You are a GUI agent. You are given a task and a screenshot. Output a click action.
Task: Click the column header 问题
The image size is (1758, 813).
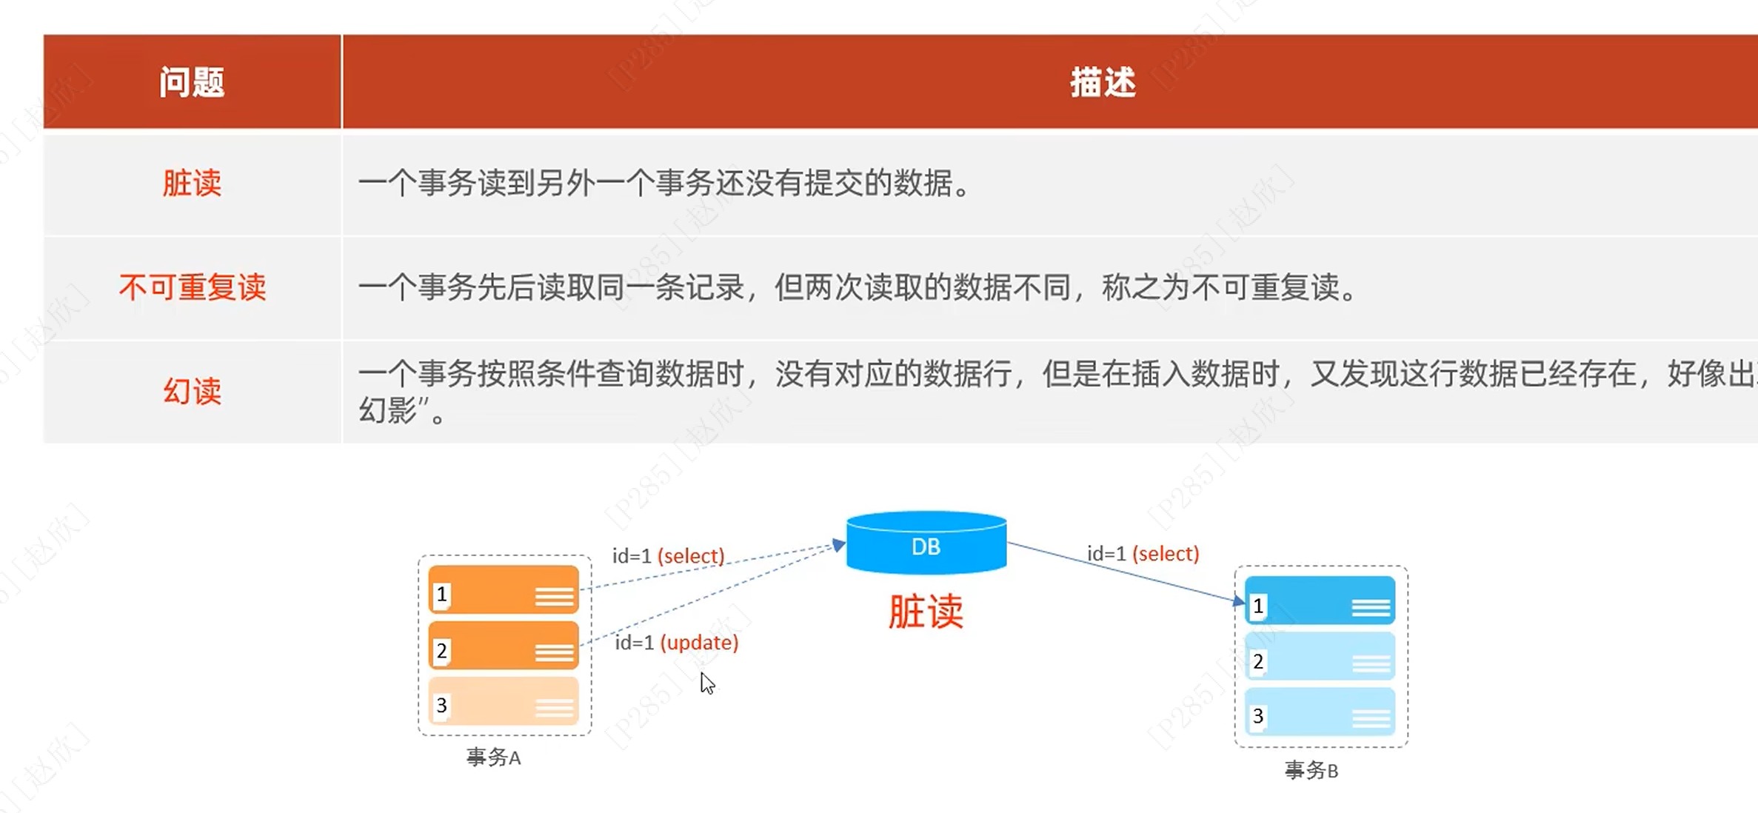(192, 82)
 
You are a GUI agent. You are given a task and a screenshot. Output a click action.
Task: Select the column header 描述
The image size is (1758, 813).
(1102, 82)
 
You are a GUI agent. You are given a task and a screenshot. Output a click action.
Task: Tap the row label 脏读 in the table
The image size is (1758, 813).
(192, 183)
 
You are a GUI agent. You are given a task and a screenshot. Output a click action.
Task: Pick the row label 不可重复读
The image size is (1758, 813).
(192, 287)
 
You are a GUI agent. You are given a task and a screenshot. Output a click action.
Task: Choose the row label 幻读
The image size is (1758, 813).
(192, 391)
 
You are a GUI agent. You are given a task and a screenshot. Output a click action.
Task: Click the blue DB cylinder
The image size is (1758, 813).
(926, 544)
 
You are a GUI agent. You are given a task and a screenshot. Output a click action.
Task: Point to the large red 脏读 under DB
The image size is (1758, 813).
(926, 612)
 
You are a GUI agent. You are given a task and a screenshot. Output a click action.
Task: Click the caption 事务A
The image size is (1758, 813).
(493, 757)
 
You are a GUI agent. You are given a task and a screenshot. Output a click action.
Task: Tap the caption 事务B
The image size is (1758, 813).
(1311, 771)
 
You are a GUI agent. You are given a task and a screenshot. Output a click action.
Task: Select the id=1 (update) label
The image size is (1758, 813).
(677, 643)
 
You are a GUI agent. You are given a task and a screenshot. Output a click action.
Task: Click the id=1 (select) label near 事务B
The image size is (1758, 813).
(1143, 554)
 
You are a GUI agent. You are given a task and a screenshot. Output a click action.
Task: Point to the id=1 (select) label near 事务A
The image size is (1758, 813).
(668, 556)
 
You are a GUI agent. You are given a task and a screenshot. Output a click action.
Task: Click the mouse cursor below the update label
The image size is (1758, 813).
(707, 683)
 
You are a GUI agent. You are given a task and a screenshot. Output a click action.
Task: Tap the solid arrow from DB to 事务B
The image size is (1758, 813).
(1126, 572)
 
